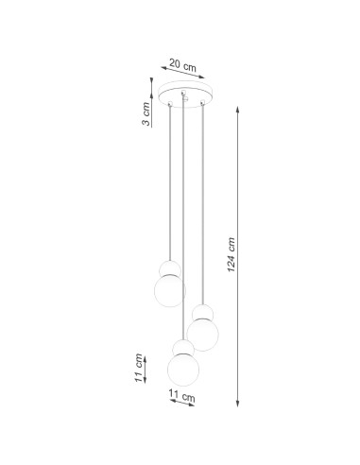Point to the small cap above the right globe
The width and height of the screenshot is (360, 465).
click(x=201, y=311)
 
